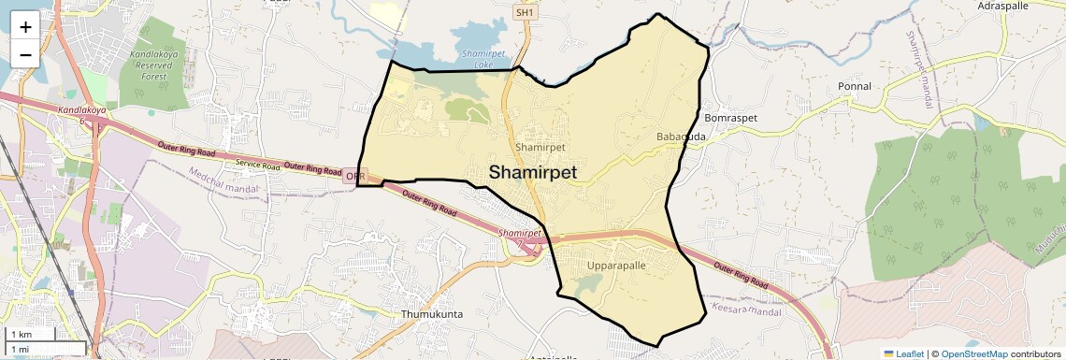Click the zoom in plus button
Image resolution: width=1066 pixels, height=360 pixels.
(25, 26)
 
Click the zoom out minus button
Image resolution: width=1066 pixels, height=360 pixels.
(25, 54)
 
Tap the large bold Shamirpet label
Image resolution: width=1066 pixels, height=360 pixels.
(532, 173)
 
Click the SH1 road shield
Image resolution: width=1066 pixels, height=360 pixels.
(525, 13)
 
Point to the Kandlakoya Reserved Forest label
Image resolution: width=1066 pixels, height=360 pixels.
(153, 65)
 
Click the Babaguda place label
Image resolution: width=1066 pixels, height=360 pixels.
(681, 137)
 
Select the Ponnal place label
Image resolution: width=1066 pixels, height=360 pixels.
(855, 86)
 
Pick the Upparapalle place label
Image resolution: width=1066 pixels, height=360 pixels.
(616, 266)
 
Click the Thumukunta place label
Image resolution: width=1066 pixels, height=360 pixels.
(432, 314)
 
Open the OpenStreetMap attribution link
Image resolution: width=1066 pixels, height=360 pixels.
(973, 353)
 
